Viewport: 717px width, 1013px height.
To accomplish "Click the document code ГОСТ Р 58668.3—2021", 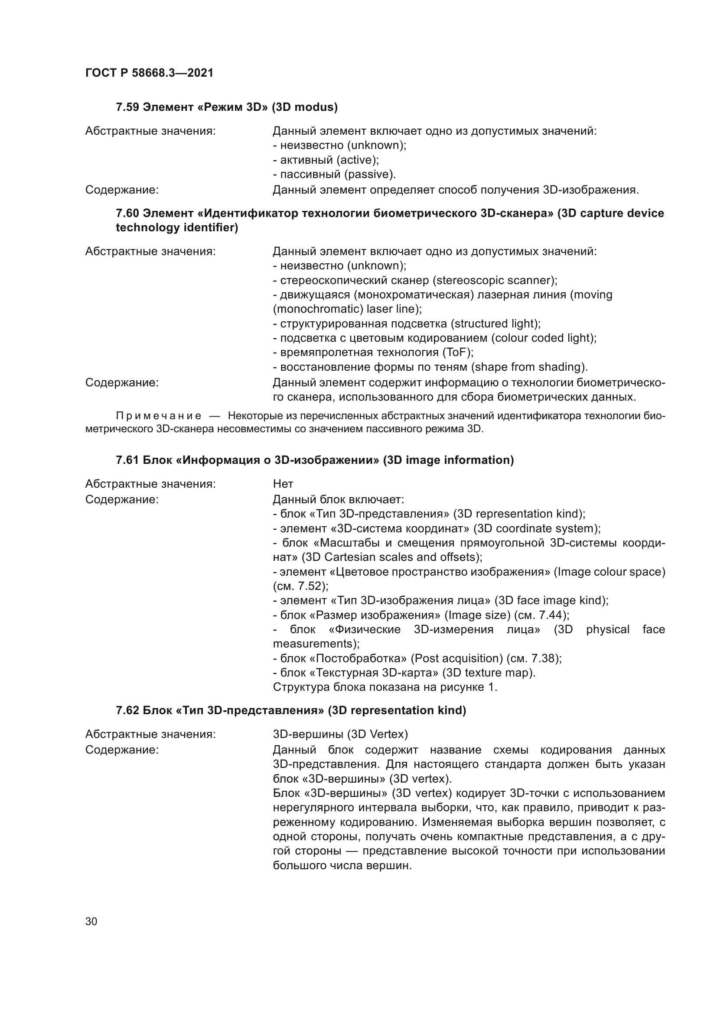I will (x=149, y=73).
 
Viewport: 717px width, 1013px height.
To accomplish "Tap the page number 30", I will (x=91, y=922).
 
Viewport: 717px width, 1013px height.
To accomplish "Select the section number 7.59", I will (x=127, y=107).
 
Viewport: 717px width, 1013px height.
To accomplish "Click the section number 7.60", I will (x=127, y=214).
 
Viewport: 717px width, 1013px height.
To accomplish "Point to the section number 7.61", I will (x=127, y=460).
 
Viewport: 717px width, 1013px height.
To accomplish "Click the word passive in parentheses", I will (x=369, y=175).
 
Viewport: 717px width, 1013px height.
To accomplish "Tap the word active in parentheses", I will (x=357, y=160).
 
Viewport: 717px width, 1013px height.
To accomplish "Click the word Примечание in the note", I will (x=159, y=416).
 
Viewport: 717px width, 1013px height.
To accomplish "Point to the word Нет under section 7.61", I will (x=283, y=484).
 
